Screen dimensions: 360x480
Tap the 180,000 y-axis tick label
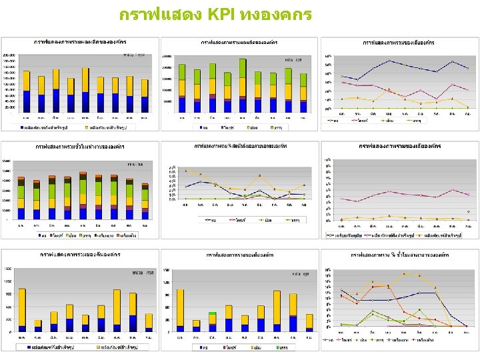coord(9,61)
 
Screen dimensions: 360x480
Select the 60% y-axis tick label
coord(328,55)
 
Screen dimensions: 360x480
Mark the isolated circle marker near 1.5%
coord(468,212)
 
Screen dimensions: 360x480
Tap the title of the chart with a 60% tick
coord(398,42)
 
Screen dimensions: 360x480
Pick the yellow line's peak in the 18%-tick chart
coord(404,273)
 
